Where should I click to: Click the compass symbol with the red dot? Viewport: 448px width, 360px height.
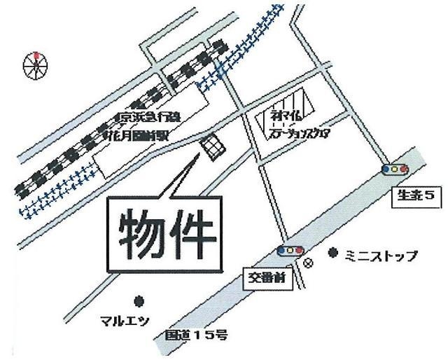click(x=35, y=66)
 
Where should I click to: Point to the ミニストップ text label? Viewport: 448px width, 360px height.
click(x=381, y=256)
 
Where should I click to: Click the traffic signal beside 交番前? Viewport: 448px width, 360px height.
click(x=290, y=251)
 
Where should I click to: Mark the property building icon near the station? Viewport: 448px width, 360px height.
click(x=212, y=147)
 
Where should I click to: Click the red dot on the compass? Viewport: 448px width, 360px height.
click(x=35, y=54)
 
